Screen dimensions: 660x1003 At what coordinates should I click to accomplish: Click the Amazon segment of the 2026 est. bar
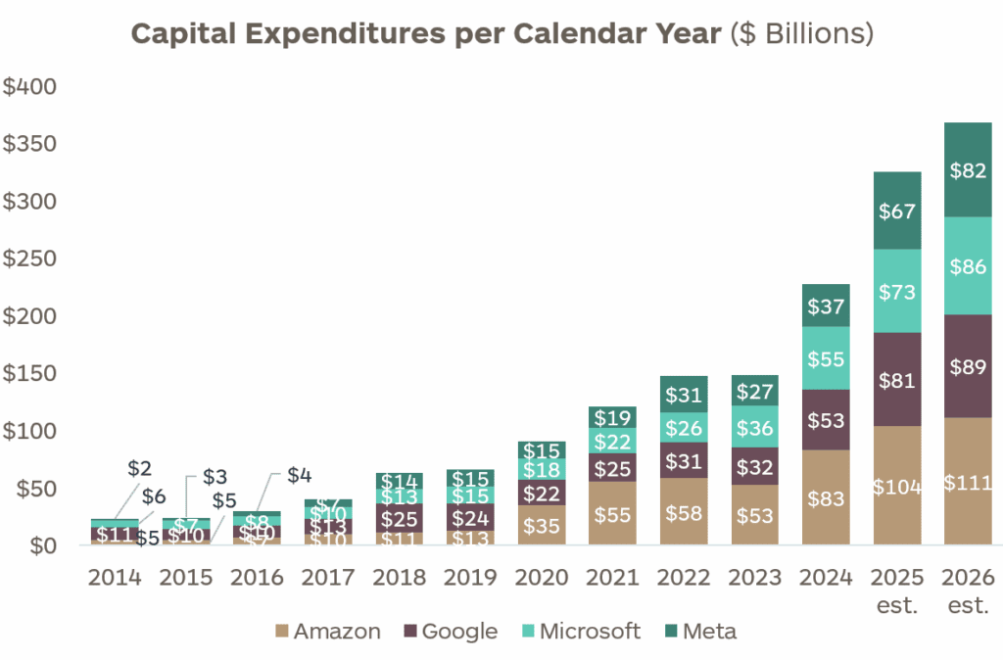coord(968,482)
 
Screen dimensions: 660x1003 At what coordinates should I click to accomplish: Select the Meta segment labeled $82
coord(968,170)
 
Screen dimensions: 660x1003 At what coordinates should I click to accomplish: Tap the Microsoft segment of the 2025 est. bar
coord(897,291)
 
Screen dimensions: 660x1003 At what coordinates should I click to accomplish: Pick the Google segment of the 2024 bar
coord(826,420)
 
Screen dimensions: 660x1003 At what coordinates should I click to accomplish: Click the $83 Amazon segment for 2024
coord(826,496)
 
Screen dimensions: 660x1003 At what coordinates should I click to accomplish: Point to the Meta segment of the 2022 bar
coord(683,394)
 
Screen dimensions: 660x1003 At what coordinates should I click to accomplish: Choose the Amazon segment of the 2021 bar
coord(612,513)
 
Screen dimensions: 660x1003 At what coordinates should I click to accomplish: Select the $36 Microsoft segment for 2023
coord(754,427)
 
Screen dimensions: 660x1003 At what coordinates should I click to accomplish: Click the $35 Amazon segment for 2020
coord(541,525)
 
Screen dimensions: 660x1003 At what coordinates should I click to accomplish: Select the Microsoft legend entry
coord(583,632)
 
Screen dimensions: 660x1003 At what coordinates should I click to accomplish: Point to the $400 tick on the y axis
coord(31,87)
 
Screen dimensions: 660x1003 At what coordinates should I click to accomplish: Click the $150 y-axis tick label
coord(31,374)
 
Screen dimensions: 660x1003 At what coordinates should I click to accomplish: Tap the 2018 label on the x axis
coord(399,578)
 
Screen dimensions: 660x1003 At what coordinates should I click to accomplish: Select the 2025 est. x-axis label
coord(897,590)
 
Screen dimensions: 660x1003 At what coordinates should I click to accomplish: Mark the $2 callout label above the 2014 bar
coord(140,469)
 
